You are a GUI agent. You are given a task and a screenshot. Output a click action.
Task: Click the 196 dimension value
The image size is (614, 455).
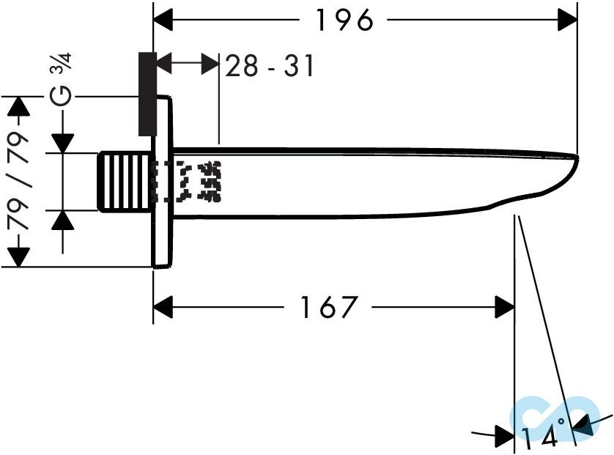(344, 21)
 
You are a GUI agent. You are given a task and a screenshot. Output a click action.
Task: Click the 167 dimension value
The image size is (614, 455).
(328, 307)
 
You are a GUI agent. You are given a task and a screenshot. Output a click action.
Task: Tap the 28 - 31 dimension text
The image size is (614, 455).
(269, 66)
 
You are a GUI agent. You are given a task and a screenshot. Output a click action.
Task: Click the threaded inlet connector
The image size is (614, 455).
(125, 182)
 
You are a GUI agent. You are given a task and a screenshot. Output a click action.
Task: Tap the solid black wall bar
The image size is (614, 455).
(147, 94)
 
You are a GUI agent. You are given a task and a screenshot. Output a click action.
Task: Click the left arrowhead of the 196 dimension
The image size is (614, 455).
(163, 21)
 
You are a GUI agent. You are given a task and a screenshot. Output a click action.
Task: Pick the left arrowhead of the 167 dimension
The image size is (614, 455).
(163, 307)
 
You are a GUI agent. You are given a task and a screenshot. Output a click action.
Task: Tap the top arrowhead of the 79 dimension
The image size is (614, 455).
(18, 106)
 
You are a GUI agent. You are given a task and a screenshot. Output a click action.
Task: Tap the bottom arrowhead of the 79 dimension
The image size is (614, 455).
(18, 257)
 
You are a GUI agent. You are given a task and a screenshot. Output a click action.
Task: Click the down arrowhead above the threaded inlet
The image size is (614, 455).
(62, 144)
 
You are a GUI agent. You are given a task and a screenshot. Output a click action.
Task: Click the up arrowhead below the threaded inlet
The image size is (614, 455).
(62, 220)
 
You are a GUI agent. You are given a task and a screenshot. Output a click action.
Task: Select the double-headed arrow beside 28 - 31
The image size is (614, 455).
(188, 64)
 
